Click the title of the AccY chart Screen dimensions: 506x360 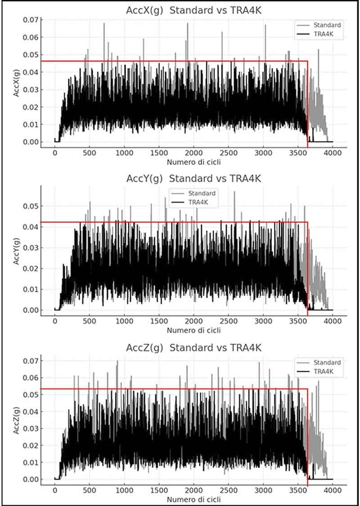point(193,179)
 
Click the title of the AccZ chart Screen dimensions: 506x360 point(193,348)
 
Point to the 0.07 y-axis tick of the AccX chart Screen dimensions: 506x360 point(30,20)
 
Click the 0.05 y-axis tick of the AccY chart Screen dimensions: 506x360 point(30,206)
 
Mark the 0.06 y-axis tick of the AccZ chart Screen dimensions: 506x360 point(30,378)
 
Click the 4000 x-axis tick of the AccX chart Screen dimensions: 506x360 point(333,153)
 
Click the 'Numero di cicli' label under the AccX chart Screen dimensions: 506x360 point(193,161)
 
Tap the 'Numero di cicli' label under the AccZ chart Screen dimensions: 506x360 point(193,499)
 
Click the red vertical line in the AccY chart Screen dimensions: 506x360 point(308,270)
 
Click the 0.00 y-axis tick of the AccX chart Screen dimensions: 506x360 point(30,142)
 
